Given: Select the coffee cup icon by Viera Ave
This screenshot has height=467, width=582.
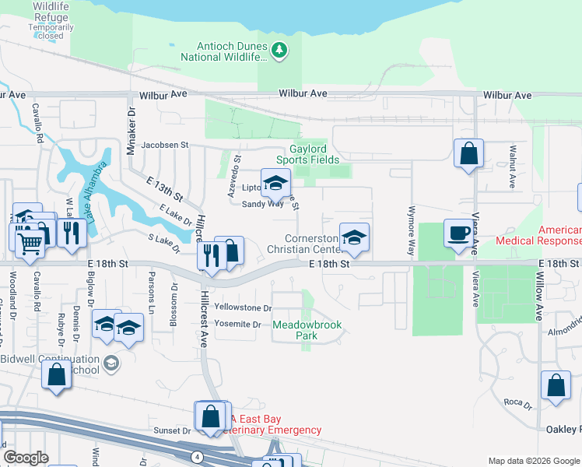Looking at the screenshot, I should tap(457, 233).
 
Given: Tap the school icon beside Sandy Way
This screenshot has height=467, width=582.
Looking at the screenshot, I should tap(275, 183).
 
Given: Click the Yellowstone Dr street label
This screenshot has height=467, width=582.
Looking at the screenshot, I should tap(243, 308).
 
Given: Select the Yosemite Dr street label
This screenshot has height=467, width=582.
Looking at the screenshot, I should tap(237, 324).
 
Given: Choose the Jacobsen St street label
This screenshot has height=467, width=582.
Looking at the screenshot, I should tap(164, 145).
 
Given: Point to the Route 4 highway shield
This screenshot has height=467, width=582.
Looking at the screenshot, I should tap(199, 455).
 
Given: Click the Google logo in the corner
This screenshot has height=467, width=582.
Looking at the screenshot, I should tap(26, 458).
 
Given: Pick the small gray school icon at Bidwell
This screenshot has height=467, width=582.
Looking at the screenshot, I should tap(111, 363).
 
